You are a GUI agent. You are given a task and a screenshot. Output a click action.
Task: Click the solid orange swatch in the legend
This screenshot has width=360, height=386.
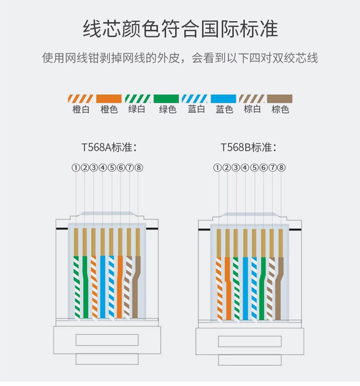click(x=109, y=98)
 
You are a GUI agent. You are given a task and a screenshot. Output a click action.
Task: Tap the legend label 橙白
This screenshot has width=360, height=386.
click(x=81, y=110)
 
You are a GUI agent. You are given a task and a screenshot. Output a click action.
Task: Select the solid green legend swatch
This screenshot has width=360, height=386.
click(x=166, y=98)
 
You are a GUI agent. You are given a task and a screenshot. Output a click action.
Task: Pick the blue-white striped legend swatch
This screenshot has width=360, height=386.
click(x=195, y=98)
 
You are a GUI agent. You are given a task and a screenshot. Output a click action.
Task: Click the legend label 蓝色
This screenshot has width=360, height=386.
click(x=224, y=110)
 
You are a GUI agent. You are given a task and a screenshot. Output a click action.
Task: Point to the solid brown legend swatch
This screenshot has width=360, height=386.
click(x=280, y=98)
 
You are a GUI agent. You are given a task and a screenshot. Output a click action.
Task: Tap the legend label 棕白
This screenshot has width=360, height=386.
click(x=252, y=110)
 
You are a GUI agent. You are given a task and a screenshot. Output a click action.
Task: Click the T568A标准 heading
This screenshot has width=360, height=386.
click(x=109, y=148)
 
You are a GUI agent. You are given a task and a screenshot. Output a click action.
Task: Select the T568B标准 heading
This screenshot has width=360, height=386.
click(x=249, y=148)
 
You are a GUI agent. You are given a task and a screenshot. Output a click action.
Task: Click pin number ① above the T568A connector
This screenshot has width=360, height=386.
click(x=76, y=168)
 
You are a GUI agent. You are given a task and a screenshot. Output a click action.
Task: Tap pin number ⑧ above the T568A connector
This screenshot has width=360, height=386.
click(x=139, y=168)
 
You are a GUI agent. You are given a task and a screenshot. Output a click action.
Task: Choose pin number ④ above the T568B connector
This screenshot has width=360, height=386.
click(x=245, y=168)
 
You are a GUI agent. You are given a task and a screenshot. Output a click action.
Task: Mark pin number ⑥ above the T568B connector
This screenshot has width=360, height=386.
click(x=263, y=168)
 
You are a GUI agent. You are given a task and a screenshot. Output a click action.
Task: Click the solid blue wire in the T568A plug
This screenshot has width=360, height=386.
click(x=103, y=288)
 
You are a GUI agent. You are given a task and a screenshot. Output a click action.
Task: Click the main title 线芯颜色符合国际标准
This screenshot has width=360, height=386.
click(x=180, y=28)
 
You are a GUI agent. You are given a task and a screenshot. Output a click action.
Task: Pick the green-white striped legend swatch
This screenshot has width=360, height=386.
click(x=138, y=98)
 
